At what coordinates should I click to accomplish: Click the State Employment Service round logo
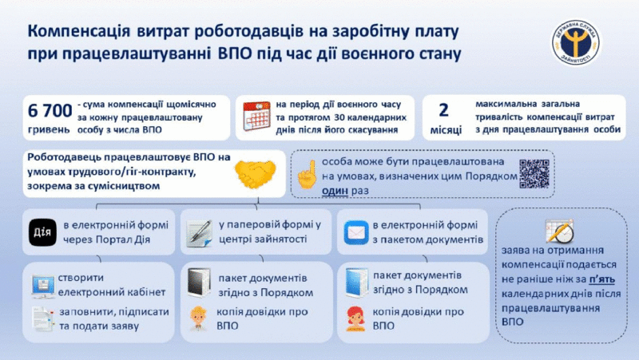pos(575,43)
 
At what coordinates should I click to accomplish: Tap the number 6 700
pos(50,111)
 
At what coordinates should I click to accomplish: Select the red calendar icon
pos(256,117)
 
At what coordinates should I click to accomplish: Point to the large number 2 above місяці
pos(443,110)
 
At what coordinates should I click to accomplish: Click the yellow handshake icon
pos(256,174)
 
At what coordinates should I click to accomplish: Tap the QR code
pos(534,174)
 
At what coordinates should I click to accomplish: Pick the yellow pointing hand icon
pos(307,174)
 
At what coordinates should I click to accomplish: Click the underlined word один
pos(335,191)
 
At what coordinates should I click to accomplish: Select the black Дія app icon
pos(43,232)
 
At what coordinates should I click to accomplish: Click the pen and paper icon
pos(199,233)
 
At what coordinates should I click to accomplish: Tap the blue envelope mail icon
pos(356,232)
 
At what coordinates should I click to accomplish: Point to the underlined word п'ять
pos(602,279)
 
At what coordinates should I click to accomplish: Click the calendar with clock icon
pos(560,231)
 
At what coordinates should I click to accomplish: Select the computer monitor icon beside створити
pos(43,285)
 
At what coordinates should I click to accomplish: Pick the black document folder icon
pos(199,283)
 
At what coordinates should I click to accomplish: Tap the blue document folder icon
pos(356,283)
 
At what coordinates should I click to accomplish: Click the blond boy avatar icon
pos(198,318)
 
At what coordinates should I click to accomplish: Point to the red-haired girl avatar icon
pos(355,318)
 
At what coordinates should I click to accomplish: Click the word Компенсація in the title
pos(79,32)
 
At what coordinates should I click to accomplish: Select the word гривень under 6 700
pos(49,130)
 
